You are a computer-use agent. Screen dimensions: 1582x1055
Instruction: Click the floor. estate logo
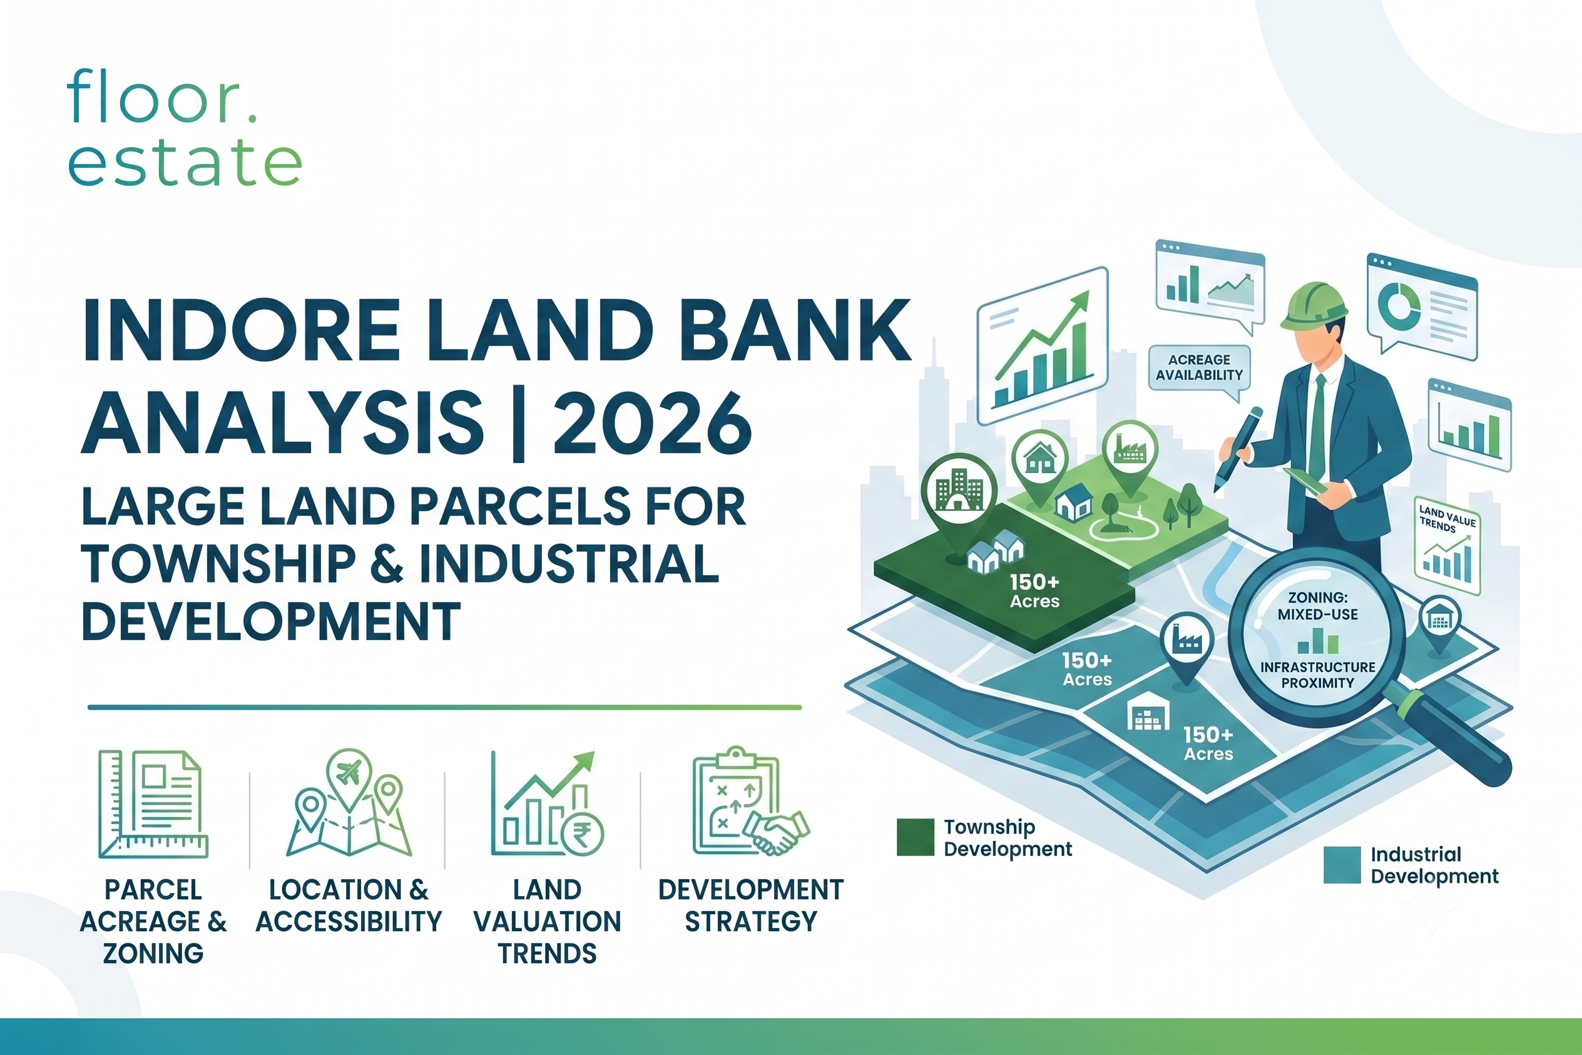pos(185,127)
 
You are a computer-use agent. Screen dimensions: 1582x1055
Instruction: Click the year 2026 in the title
pos(651,422)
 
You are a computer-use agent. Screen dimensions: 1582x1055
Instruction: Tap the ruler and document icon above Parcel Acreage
pos(153,804)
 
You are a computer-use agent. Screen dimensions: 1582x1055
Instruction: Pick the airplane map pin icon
pos(349,778)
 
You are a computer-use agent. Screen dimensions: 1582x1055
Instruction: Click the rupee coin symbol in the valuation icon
pos(582,833)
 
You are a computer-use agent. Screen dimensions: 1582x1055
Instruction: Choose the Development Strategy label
pos(751,905)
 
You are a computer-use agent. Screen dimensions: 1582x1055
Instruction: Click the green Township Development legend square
pos(915,837)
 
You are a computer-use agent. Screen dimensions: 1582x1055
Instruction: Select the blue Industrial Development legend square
pos(1342,865)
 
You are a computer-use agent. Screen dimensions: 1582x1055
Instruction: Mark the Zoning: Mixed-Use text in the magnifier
pos(1317,606)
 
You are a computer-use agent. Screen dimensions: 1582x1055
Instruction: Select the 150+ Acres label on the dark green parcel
pos(1035,591)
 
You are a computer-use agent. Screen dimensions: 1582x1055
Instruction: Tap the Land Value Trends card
pos(1447,547)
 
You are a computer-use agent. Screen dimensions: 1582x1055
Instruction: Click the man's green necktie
pos(1317,426)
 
